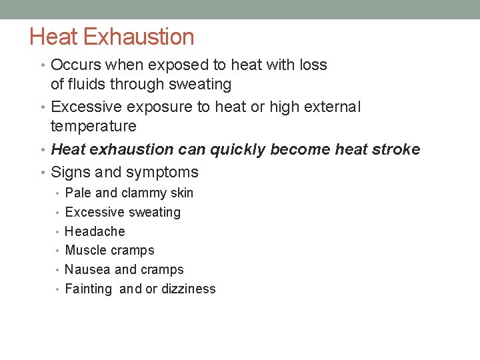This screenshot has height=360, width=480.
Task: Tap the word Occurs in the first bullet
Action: tap(74, 65)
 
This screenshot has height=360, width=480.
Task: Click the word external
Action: tap(331, 107)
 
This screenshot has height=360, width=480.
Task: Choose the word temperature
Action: tap(93, 126)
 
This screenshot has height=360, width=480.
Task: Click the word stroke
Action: tap(397, 149)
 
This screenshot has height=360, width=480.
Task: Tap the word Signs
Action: tap(70, 172)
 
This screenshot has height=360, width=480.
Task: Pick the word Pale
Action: tap(78, 193)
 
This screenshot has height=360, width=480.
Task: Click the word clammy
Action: tap(145, 193)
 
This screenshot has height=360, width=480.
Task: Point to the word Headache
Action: tap(95, 231)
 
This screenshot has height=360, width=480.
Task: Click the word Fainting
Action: tap(88, 289)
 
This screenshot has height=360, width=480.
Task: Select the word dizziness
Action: tap(189, 289)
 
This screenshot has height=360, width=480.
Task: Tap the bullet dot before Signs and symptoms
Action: tap(44, 173)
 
